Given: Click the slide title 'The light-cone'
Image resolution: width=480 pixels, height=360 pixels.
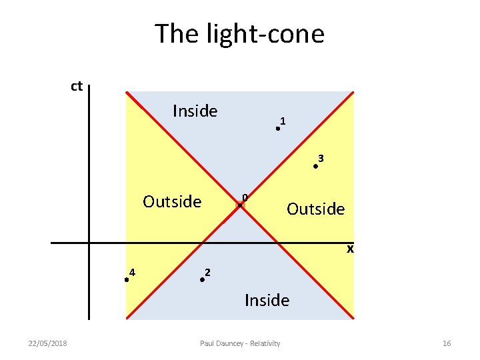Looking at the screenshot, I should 239,33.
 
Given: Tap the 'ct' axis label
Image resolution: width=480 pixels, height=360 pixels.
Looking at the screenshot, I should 77,86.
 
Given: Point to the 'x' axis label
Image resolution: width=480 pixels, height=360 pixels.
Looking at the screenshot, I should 349,249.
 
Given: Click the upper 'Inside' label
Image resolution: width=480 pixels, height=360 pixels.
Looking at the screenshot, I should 195,111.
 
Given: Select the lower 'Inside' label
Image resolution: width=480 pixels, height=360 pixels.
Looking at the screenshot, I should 267,300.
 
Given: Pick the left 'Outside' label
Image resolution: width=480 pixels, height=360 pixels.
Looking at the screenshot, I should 172,201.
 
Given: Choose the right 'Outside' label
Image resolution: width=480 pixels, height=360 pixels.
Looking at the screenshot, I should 315,209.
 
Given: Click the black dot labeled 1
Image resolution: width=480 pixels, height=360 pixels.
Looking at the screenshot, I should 278,129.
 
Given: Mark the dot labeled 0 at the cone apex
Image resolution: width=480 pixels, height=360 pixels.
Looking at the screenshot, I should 241,205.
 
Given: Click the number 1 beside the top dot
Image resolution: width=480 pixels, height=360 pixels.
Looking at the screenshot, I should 283,121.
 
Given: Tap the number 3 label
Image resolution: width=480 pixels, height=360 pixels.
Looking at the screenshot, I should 321,159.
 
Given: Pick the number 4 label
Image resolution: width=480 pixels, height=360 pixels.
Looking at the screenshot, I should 133,271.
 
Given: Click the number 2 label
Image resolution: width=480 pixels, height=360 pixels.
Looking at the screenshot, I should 208,272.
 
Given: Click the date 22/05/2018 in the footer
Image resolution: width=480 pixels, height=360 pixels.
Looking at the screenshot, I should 47,343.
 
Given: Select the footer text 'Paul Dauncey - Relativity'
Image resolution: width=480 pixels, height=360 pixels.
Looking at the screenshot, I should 240,343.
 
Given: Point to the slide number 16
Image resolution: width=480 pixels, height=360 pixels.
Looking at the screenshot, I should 447,343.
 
